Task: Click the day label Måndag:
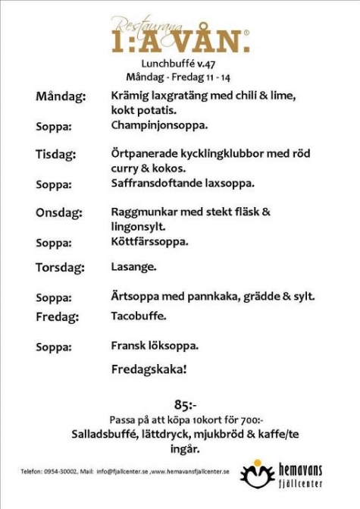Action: coord(61,97)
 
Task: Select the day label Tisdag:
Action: coord(56,155)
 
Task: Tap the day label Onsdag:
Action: coord(58,212)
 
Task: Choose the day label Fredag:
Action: coord(56,316)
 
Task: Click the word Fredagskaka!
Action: coord(149,373)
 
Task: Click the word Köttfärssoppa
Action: coord(149,242)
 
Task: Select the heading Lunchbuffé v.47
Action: coord(179,64)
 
